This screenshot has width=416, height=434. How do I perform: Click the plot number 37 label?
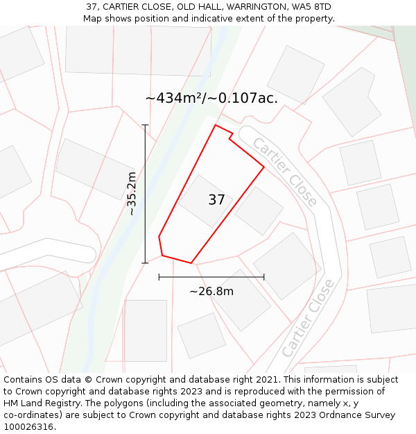pyautogui.click(x=216, y=200)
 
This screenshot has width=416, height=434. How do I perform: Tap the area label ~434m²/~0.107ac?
pyautogui.click(x=211, y=98)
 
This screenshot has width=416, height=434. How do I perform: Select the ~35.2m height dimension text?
pyautogui.click(x=132, y=194)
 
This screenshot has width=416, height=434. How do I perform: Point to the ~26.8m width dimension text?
pyautogui.click(x=211, y=291)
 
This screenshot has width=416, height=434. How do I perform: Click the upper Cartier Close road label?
pyautogui.click(x=285, y=172)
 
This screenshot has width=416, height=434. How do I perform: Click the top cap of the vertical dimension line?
pyautogui.click(x=145, y=125)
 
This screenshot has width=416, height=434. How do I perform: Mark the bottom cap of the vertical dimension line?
pyautogui.click(x=145, y=263)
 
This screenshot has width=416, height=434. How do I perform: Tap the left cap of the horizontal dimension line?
pyautogui.click(x=159, y=277)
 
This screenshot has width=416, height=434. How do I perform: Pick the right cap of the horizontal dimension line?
pyautogui.click(x=264, y=277)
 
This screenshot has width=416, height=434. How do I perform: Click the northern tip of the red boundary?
pyautogui.click(x=216, y=125)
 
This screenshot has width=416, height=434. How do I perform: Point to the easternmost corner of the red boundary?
pyautogui.click(x=264, y=167)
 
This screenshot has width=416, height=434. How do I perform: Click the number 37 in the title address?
pyautogui.click(x=92, y=7)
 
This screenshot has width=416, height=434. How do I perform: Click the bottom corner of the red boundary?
pyautogui.click(x=191, y=263)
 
